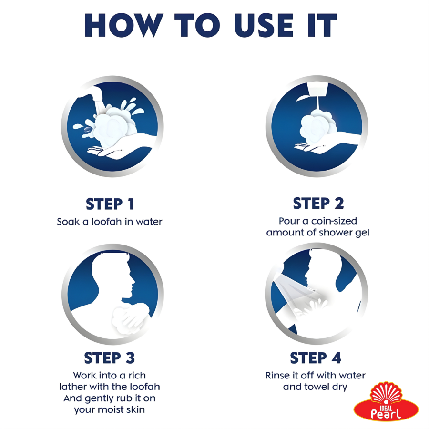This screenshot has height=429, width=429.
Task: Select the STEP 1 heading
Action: (x=110, y=204)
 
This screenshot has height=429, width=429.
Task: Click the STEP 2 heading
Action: (x=318, y=203)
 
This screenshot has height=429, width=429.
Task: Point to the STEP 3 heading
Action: (x=110, y=358)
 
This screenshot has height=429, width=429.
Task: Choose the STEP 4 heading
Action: (x=316, y=358)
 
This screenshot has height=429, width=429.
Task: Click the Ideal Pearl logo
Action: (x=386, y=402)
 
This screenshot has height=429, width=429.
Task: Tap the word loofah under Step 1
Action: (x=106, y=221)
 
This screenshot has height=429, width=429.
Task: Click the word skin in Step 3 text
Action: (x=135, y=409)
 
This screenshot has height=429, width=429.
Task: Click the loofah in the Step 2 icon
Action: (x=318, y=126)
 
